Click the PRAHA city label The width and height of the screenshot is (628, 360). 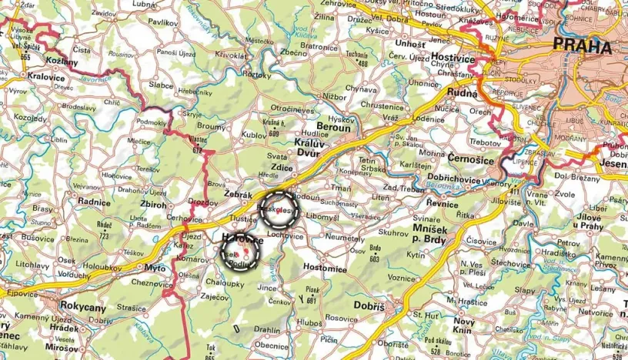pyautogui.click(x=583, y=46)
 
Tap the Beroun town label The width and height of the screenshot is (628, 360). pyautogui.click(x=333, y=128)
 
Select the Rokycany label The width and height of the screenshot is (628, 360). pyautogui.click(x=82, y=307)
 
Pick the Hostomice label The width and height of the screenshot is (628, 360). pyautogui.click(x=325, y=268)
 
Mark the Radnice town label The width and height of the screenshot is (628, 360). pyautogui.click(x=94, y=201)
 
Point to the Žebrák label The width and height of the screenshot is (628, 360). pyautogui.click(x=238, y=195)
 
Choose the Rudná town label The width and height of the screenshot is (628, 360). pyautogui.click(x=462, y=92)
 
